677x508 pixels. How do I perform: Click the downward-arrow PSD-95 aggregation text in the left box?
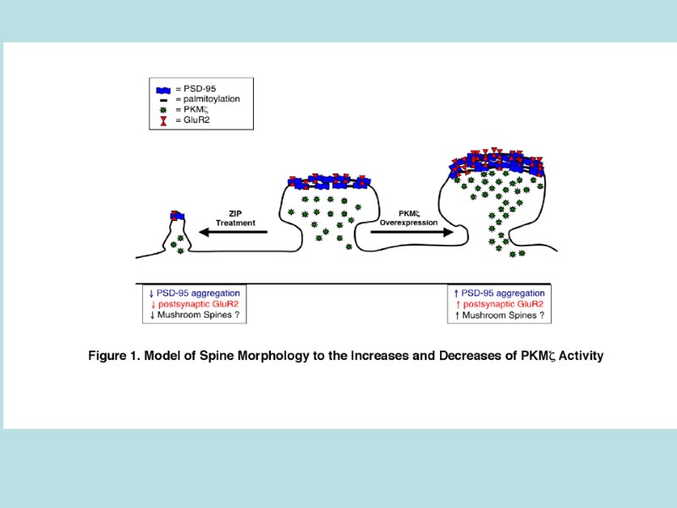point(195,293)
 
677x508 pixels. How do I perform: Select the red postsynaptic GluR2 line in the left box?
point(195,304)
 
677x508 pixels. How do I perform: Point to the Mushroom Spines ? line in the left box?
point(193,315)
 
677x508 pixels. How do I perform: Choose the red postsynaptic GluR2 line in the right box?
point(498,304)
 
